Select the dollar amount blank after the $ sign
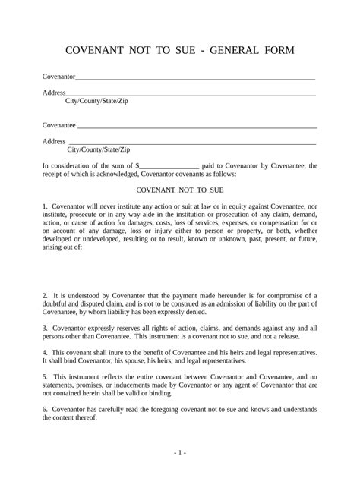pyautogui.click(x=169, y=164)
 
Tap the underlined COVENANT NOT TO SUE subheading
pyautogui.click(x=179, y=193)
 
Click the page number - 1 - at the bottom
pyautogui.click(x=179, y=453)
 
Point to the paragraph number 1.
pyautogui.click(x=45, y=207)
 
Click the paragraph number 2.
pyautogui.click(x=45, y=294)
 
